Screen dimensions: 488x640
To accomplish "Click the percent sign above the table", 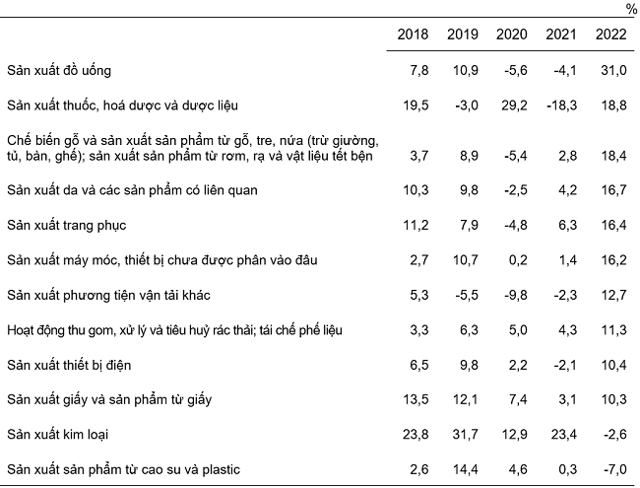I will pos(630,9).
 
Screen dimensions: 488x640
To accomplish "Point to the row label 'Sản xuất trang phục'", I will pos(68,224).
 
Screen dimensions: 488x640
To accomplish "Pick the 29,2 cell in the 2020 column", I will pos(517,104).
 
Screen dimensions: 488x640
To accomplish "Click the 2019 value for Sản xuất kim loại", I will pos(467,434).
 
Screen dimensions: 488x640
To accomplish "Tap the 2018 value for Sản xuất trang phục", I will pos(416,224).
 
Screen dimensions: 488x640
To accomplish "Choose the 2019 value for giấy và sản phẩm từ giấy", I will pos(467,399).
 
